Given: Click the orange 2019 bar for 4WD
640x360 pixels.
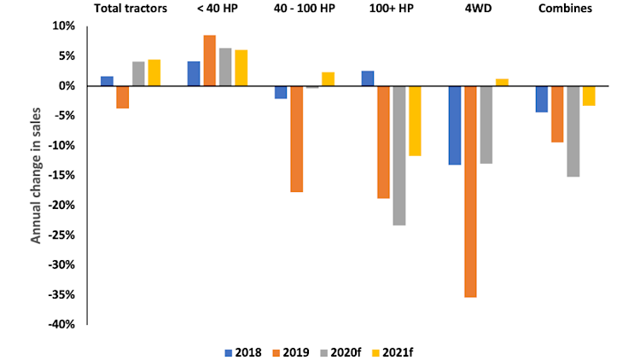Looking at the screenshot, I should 470,191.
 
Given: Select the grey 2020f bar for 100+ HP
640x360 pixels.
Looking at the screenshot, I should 399,155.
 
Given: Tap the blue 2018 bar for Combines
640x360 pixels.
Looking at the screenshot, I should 542,99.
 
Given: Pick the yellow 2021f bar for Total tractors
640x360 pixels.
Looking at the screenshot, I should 154,73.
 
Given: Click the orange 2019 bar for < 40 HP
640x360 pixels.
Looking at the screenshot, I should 209,61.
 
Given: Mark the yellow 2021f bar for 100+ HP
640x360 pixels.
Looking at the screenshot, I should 415,121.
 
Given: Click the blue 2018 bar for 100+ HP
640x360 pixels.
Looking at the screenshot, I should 368,78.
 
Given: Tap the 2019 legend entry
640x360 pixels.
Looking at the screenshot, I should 291,351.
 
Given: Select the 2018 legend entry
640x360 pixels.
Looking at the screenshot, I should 243,351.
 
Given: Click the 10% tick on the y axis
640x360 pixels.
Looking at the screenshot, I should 67,26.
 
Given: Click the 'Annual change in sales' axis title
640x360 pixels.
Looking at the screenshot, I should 37,176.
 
